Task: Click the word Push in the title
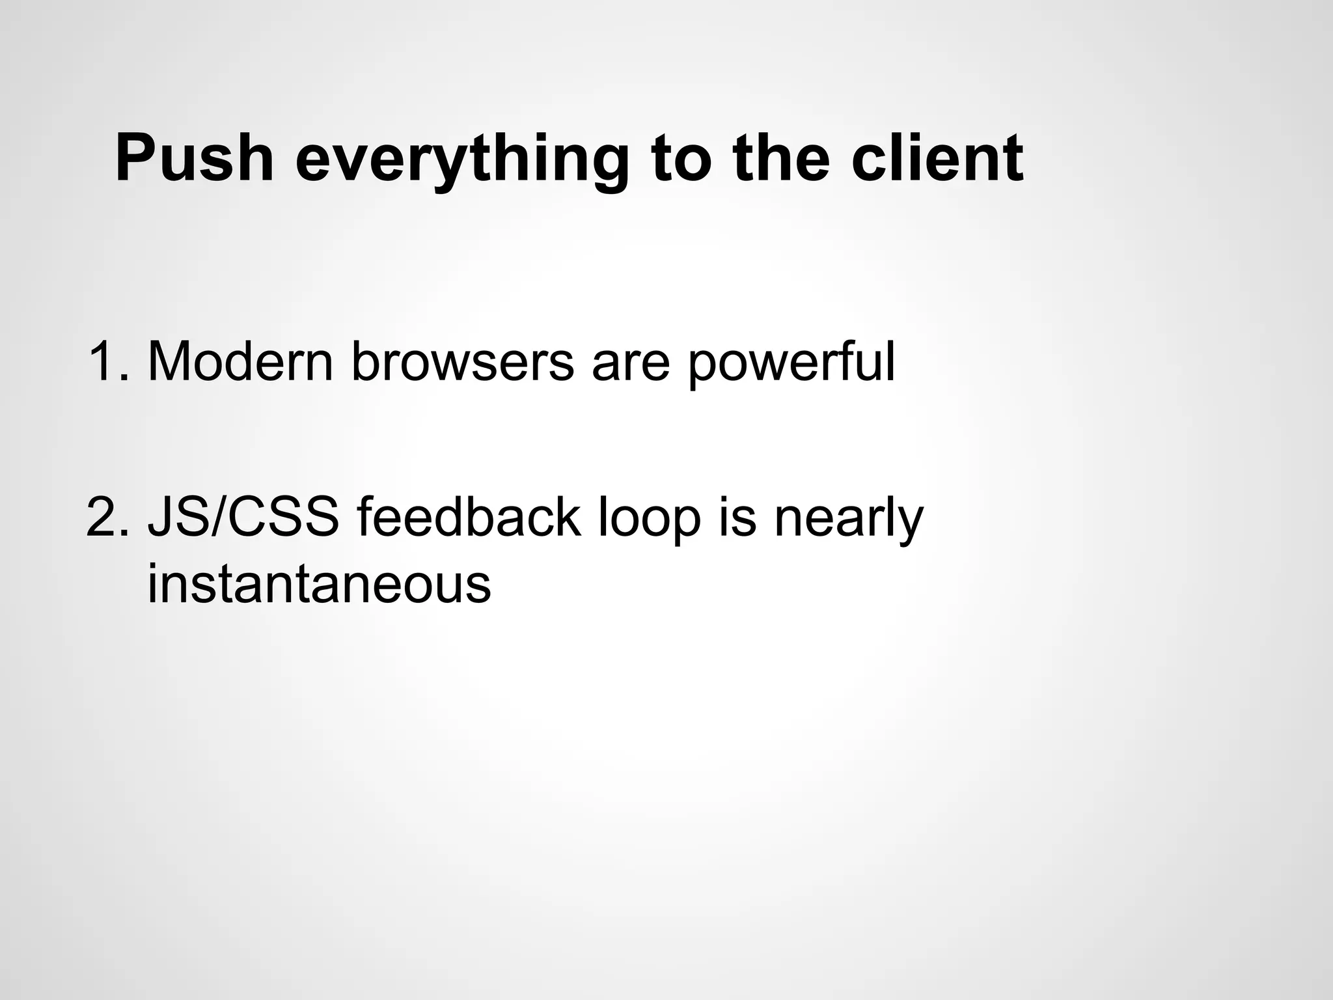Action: click(x=194, y=159)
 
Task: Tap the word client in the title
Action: click(x=937, y=159)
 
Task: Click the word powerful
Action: click(x=791, y=363)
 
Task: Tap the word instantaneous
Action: click(x=319, y=583)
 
